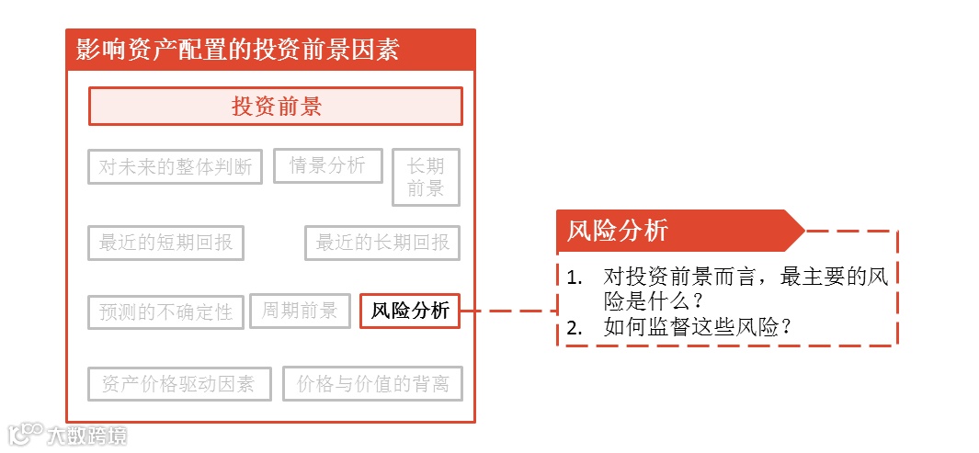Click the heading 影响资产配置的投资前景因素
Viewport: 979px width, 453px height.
point(237,50)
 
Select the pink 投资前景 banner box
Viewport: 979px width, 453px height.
point(275,107)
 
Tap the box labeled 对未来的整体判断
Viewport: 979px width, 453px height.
point(176,166)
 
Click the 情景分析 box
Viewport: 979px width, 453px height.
point(327,165)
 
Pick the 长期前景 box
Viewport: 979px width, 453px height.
point(426,177)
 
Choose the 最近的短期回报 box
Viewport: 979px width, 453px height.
point(166,243)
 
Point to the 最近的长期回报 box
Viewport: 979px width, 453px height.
point(382,243)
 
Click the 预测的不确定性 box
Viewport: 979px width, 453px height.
point(166,311)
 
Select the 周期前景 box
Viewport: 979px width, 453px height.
point(300,311)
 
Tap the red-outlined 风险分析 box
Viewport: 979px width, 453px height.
point(410,311)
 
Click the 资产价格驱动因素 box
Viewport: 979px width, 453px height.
point(179,384)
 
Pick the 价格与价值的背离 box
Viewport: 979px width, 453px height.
point(372,384)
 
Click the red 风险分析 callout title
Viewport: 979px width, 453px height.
point(618,231)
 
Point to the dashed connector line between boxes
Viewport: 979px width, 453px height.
point(507,311)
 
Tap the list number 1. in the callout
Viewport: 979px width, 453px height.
point(575,277)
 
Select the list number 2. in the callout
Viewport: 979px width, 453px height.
point(575,327)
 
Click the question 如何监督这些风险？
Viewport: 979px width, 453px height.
point(698,327)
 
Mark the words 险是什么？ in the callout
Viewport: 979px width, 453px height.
point(654,301)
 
